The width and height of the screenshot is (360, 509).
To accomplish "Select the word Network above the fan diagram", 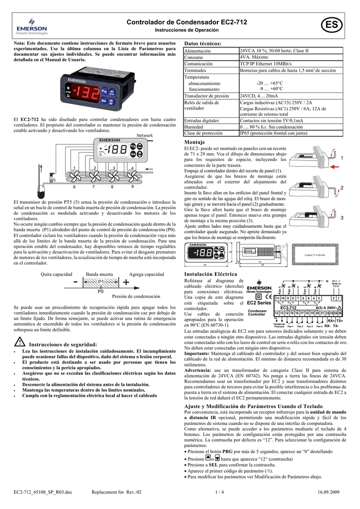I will pos(144,135).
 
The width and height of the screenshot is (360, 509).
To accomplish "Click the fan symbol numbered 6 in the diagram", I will pos(75,178).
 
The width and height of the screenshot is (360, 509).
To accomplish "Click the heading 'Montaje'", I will pos(194,143).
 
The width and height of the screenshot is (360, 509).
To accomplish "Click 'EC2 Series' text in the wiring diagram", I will pos(259,302).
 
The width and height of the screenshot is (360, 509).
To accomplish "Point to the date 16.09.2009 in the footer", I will pos(328,492).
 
